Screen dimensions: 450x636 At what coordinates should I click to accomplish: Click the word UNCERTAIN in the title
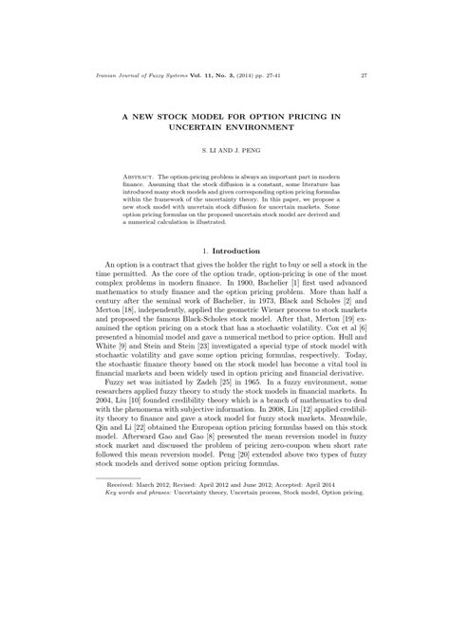[x=196, y=124]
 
